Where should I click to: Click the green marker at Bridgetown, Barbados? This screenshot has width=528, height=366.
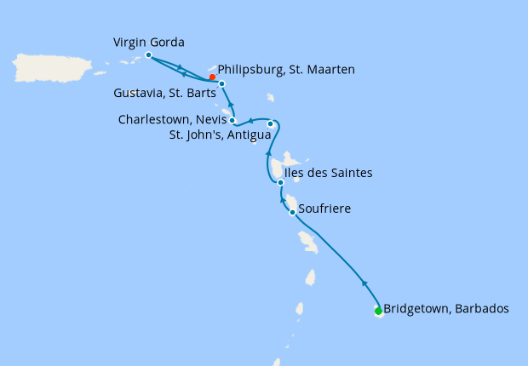378,311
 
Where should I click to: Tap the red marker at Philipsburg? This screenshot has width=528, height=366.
212,77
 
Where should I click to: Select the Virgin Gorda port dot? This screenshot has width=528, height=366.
148,54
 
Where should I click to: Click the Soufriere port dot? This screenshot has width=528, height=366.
292,212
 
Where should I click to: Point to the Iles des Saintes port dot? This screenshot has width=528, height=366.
280,182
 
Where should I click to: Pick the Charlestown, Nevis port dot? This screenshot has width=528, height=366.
232,121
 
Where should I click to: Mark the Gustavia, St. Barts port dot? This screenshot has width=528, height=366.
221,83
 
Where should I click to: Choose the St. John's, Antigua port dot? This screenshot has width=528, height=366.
271,124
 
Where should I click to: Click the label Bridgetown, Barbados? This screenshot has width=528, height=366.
446,309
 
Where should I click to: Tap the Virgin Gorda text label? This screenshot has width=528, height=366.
149,42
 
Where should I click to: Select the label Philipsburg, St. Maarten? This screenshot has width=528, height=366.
286,69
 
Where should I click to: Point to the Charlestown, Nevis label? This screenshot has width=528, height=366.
171,120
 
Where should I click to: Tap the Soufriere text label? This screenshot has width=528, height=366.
325,208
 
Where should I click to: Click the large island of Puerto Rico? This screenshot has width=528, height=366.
52,69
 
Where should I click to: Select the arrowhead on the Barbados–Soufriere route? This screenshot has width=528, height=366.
364,283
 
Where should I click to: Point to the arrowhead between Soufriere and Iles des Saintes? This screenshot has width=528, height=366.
282,198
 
